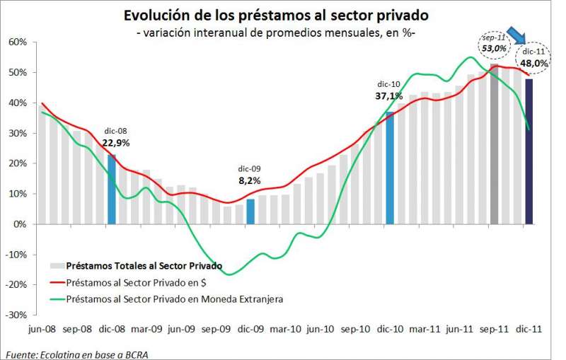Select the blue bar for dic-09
point(250,211)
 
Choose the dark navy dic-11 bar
point(529,151)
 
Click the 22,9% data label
point(115,142)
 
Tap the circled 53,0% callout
point(493,47)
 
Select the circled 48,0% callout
point(534,62)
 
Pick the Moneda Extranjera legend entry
point(174,299)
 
